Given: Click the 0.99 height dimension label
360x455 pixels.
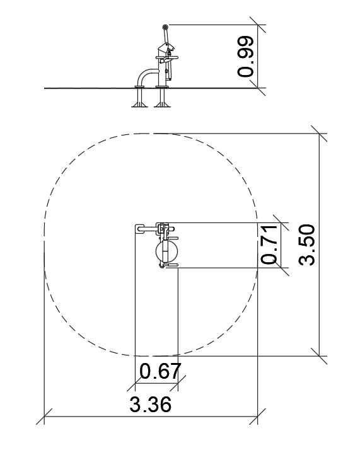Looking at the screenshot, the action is pos(246,56).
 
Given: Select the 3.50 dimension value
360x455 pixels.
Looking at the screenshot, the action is pos(306,245).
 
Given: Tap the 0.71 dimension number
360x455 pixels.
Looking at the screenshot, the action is pos(269,245).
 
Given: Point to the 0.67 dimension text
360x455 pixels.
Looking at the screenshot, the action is pos(161,371).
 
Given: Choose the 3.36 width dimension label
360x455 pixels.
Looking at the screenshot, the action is pos(151,405).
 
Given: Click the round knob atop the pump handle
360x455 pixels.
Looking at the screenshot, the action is pos(165,27).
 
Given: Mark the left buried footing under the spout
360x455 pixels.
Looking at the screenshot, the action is pos(139,98).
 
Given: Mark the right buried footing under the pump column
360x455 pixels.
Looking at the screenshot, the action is pos(162,98).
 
